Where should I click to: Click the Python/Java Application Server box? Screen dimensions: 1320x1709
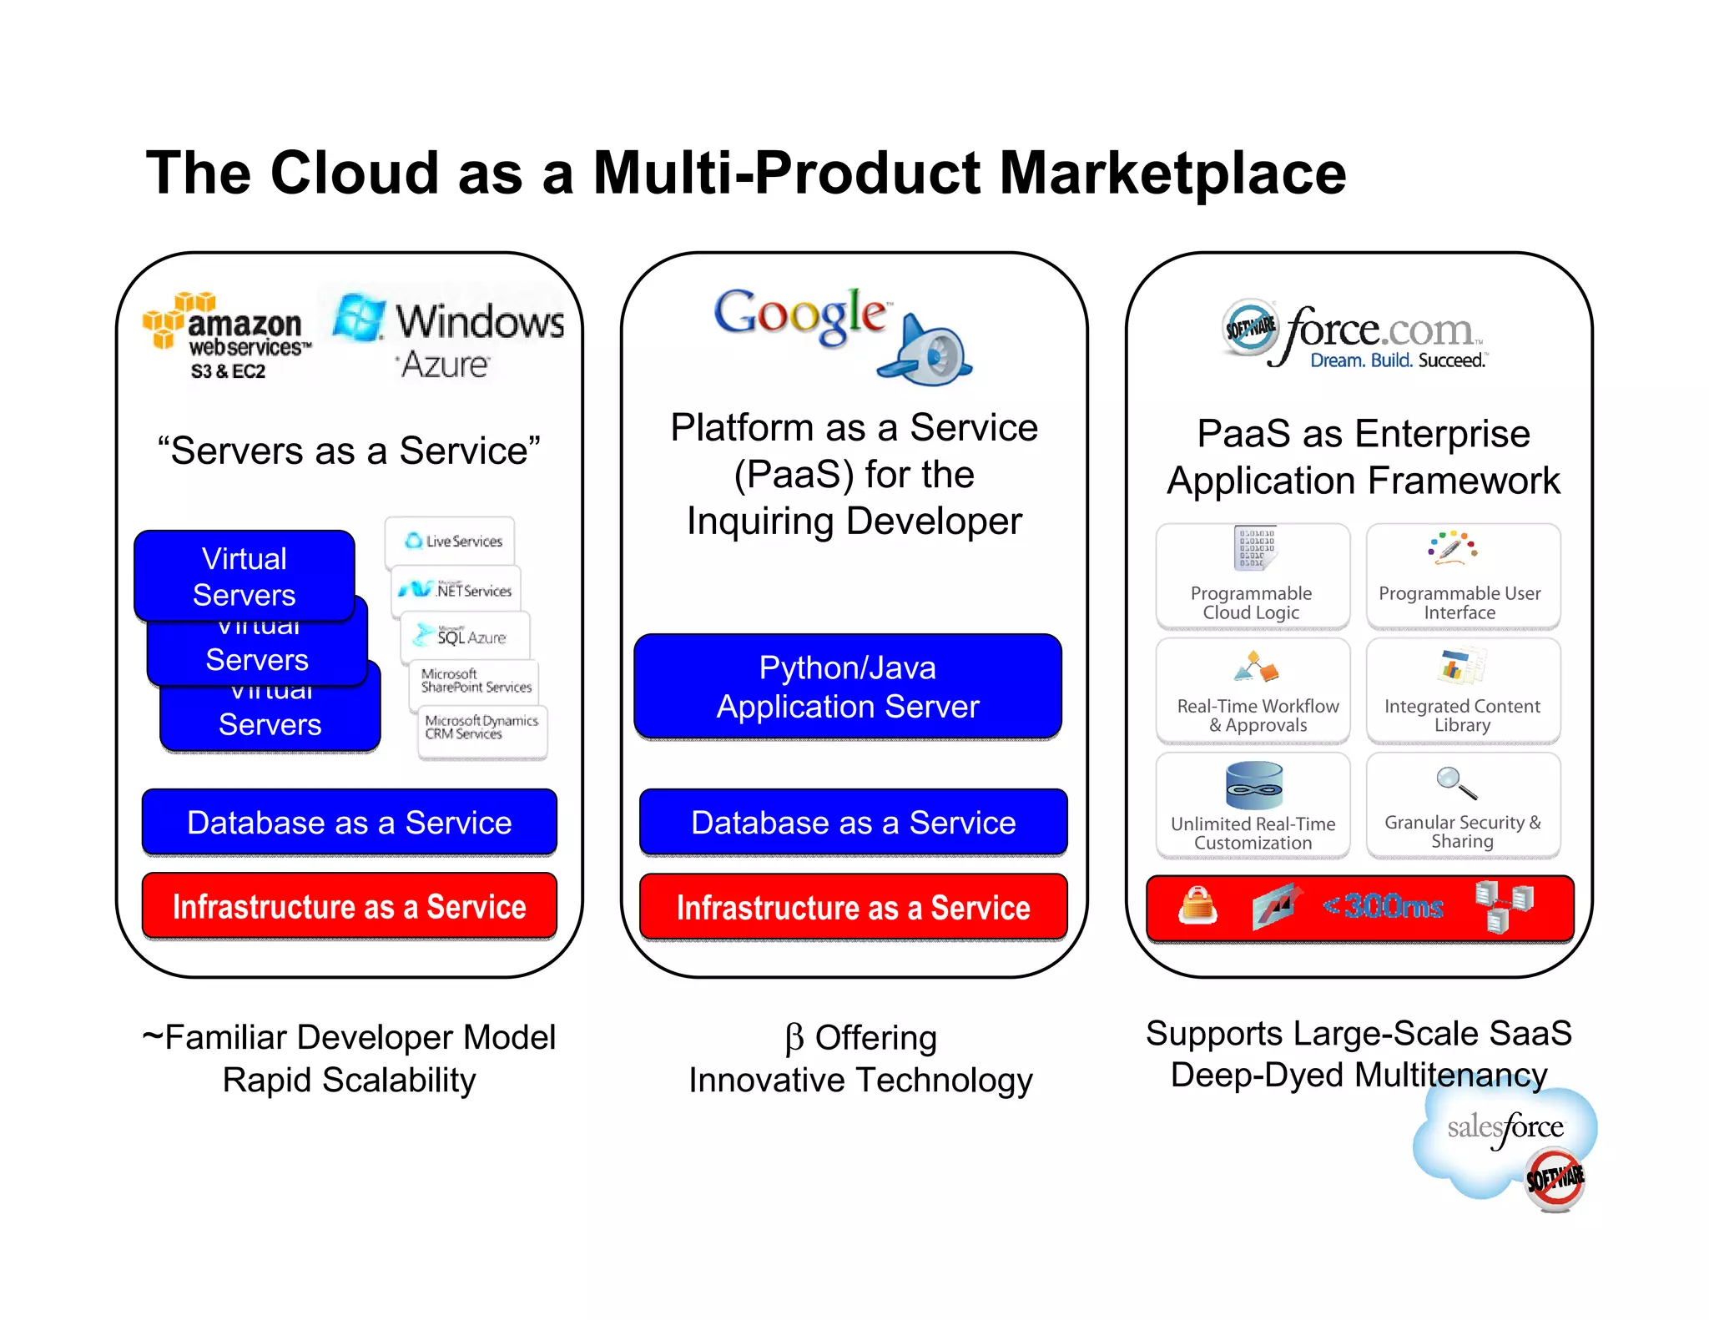click(848, 687)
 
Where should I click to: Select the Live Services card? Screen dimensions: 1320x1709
click(451, 542)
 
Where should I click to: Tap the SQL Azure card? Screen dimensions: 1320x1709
click(465, 636)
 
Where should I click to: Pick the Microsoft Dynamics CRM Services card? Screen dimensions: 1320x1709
click(481, 728)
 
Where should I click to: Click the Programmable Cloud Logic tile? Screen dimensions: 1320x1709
click(1252, 577)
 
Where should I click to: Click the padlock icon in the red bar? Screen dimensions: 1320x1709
click(1197, 905)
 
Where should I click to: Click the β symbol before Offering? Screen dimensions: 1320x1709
click(794, 1039)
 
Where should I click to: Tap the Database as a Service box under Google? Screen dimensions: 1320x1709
click(853, 823)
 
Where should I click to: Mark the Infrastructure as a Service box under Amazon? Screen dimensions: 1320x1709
click(349, 907)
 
